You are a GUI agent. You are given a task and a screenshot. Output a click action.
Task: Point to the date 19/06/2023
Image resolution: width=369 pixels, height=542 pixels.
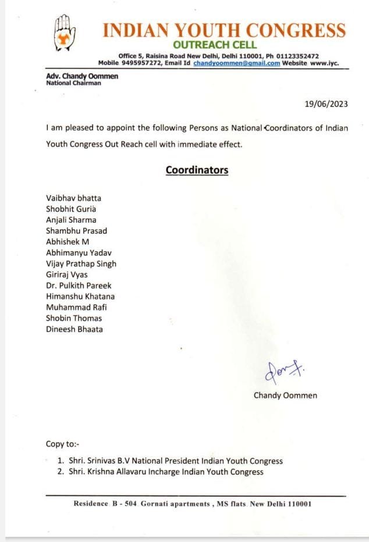[x=327, y=104]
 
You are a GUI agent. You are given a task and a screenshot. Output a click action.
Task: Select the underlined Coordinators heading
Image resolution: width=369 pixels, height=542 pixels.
[x=197, y=170]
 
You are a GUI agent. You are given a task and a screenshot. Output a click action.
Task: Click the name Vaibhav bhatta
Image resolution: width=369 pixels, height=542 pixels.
[x=73, y=198]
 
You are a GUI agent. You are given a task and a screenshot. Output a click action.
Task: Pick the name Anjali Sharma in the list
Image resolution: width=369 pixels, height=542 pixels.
[x=71, y=220]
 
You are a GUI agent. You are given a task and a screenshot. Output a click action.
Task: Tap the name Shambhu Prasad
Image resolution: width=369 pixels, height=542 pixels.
[x=76, y=231]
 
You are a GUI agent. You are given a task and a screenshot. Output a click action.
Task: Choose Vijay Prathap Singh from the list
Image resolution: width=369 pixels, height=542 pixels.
[x=81, y=263]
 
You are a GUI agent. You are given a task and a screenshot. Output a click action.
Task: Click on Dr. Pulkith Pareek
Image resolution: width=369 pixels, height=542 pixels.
[x=79, y=286]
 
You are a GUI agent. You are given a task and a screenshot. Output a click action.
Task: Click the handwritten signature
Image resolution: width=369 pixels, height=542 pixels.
[x=280, y=370]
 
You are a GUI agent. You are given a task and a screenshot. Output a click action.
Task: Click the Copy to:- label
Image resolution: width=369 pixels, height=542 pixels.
[x=63, y=444]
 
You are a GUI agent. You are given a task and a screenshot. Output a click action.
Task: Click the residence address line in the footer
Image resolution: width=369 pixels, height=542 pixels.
[x=193, y=504]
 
